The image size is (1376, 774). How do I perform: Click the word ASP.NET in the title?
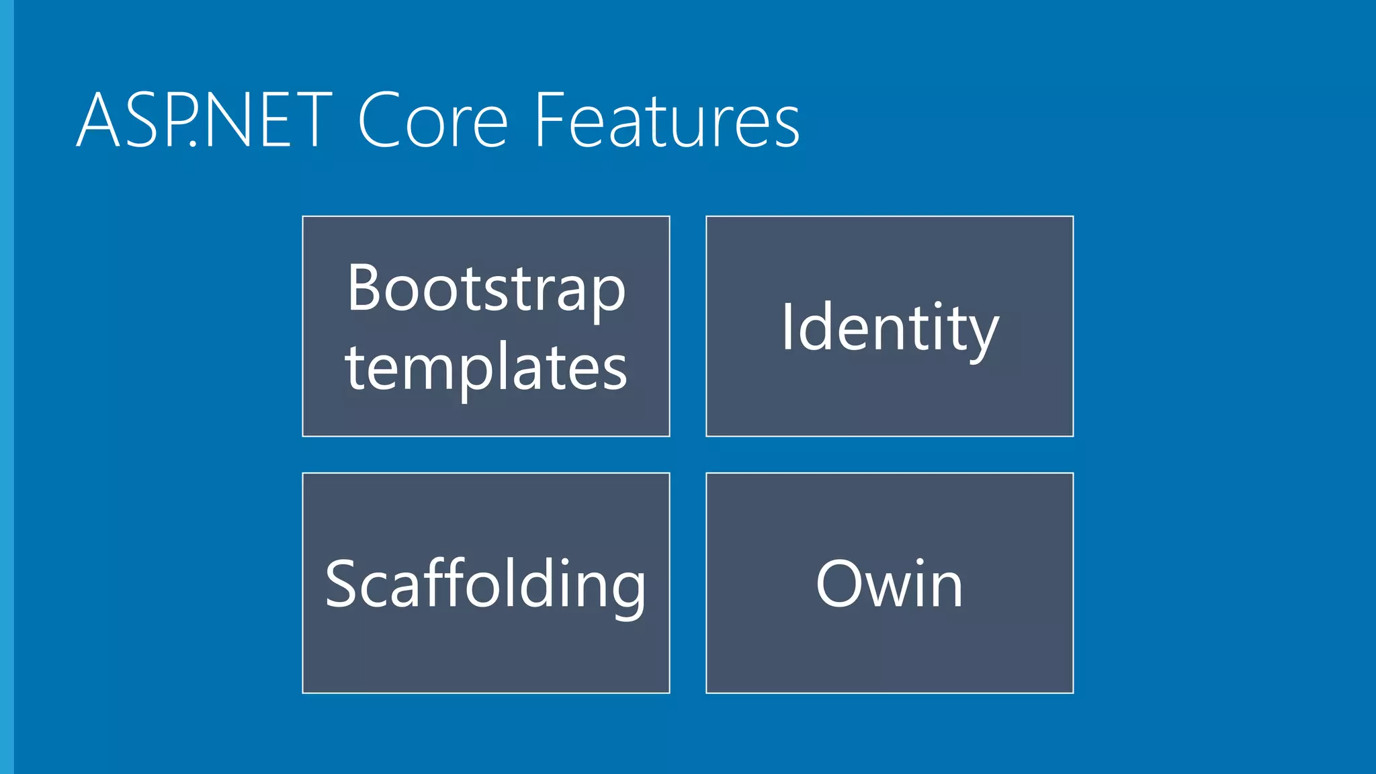point(205,121)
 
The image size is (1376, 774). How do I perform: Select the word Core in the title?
point(433,121)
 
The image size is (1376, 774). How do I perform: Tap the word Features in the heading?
point(666,121)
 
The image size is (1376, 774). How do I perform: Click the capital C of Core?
point(380,121)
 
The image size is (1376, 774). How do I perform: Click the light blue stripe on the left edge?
point(7,387)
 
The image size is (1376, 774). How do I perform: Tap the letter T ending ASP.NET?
point(309,121)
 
